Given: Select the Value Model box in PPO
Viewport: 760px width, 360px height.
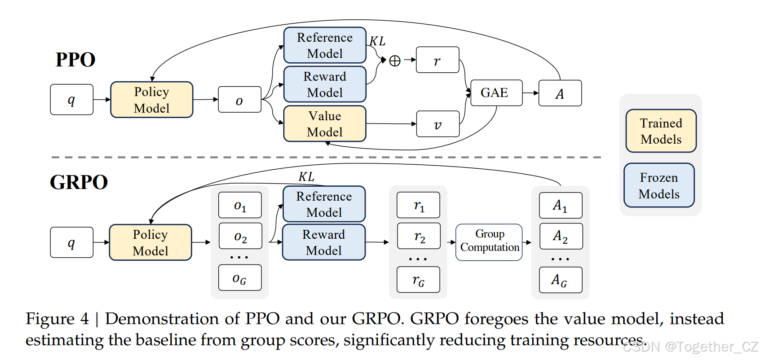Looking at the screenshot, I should coord(325,124).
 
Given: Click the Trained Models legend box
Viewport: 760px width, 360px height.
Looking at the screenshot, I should coord(661,131).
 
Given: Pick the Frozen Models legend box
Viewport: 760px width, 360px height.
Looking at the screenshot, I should coord(659,185).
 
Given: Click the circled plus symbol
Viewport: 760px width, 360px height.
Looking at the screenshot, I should coord(395,61).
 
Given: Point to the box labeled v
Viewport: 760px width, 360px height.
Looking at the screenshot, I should coord(438,124).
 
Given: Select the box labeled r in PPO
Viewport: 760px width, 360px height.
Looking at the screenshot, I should coord(437,60).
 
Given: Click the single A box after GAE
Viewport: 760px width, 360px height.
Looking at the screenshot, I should coord(560,93).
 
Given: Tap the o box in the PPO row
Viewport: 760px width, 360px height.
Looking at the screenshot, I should coord(239,100).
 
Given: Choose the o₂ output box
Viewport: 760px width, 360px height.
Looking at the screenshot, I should coord(240,236).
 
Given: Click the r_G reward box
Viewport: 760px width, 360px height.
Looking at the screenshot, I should coord(418,280).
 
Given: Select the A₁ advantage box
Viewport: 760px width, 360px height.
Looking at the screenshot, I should coord(561,206).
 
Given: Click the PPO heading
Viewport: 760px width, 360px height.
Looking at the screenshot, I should coord(75,60).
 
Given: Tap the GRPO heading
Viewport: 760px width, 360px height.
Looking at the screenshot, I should coord(79,182).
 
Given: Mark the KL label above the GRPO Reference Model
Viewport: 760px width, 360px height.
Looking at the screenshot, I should coord(306,177).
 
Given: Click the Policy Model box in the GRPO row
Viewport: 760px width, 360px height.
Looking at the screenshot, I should coord(150,242).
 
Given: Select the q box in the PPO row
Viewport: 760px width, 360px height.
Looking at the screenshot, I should coord(72,100).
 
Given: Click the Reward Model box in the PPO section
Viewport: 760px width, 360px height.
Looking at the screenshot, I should coord(325,84).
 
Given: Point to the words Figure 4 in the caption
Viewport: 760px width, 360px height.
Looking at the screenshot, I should coord(57,319).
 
